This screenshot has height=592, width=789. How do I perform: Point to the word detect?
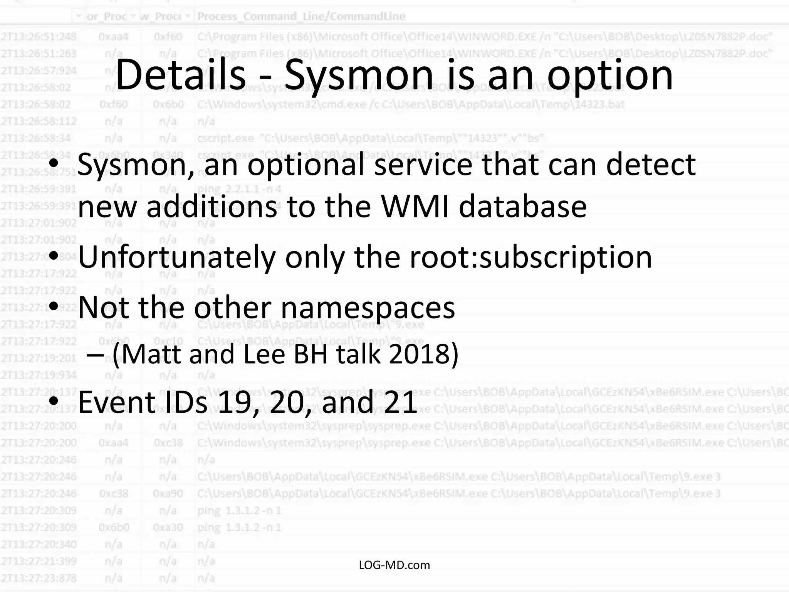point(651,165)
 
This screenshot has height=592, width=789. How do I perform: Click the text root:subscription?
point(530,257)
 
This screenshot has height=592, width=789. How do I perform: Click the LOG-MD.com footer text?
point(394,565)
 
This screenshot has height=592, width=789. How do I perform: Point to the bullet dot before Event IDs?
point(54,401)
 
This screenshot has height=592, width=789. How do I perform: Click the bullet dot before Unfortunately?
point(54,256)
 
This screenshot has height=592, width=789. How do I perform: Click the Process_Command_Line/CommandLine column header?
point(301,17)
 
